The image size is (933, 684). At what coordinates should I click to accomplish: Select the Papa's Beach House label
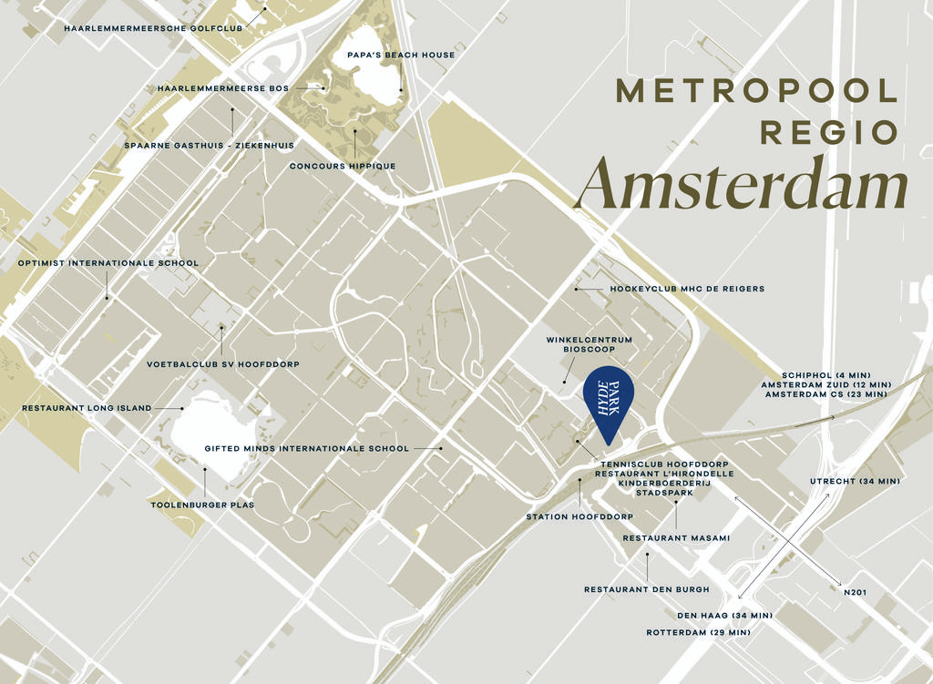pyautogui.click(x=401, y=55)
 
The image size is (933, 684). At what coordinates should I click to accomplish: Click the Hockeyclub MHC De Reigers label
pyautogui.click(x=687, y=289)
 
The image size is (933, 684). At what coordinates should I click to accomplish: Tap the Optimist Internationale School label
pyautogui.click(x=108, y=263)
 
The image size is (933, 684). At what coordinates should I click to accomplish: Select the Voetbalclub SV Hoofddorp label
pyautogui.click(x=223, y=364)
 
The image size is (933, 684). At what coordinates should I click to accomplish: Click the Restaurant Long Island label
pyautogui.click(x=87, y=408)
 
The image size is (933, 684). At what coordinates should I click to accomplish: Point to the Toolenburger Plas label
pyautogui.click(x=202, y=505)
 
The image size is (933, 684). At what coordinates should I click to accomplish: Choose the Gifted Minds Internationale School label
pyautogui.click(x=307, y=448)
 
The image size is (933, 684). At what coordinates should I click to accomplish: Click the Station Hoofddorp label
pyautogui.click(x=579, y=516)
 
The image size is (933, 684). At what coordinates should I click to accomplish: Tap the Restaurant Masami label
pyautogui.click(x=676, y=538)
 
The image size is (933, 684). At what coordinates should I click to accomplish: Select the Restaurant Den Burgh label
pyautogui.click(x=647, y=589)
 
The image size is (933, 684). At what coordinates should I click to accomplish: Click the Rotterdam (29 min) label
pyautogui.click(x=699, y=632)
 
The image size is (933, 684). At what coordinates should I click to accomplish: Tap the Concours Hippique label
pyautogui.click(x=343, y=166)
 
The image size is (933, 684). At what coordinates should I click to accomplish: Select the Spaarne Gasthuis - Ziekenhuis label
pyautogui.click(x=210, y=145)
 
